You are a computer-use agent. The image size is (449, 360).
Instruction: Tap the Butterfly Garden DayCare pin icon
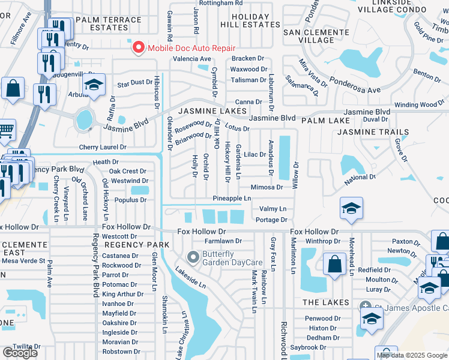[x=193, y=257]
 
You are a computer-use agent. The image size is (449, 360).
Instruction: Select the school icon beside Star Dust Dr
[x=94, y=85]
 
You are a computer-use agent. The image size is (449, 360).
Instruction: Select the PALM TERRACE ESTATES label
[x=108, y=24]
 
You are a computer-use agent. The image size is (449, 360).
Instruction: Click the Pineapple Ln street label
[x=232, y=199]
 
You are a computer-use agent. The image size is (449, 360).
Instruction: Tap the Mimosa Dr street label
[x=267, y=187]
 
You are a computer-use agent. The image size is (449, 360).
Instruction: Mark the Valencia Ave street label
[x=192, y=59]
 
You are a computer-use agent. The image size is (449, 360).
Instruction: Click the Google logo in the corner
[x=19, y=352]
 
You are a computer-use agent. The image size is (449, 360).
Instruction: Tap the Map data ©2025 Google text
[x=411, y=355]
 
